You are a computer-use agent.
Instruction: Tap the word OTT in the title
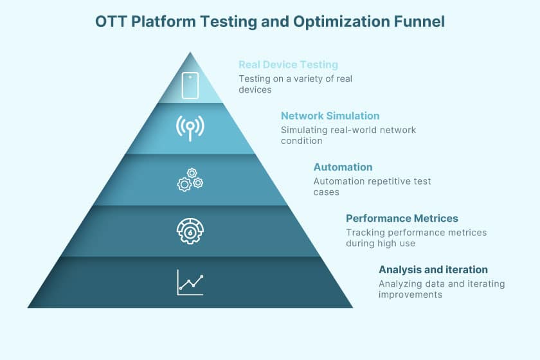(111, 22)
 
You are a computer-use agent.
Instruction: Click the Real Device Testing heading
(288, 64)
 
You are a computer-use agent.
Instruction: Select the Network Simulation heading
(330, 116)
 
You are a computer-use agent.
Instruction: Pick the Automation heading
(343, 167)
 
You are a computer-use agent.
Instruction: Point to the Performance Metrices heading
(402, 219)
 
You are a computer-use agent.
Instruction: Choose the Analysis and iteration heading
(433, 269)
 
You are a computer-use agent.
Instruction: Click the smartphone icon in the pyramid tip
(190, 85)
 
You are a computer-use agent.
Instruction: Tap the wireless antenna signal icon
(190, 127)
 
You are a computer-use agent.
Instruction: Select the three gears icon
(190, 179)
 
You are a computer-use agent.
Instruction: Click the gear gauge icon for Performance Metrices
(190, 231)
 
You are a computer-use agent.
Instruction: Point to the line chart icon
(190, 282)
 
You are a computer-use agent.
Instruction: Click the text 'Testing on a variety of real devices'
(295, 84)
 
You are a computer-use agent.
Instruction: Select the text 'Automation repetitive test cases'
(372, 186)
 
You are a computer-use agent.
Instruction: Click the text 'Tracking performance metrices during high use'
(416, 237)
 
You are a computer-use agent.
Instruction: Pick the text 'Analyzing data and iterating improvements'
(442, 289)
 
